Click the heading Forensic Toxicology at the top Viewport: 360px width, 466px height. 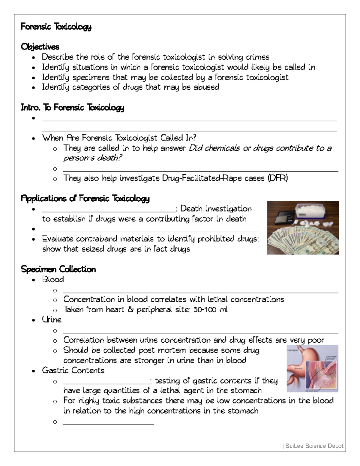[x=56, y=27]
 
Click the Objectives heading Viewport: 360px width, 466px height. [x=40, y=47]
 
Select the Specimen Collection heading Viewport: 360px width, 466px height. [x=58, y=269]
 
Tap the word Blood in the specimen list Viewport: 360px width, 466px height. [x=53, y=279]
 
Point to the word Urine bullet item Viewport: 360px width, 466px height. [x=52, y=320]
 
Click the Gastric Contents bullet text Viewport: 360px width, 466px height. [x=73, y=370]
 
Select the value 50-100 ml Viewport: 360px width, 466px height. [x=211, y=310]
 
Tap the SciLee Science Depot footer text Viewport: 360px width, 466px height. [x=314, y=446]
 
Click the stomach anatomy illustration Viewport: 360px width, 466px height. [x=312, y=368]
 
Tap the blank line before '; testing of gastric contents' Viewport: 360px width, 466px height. [x=106, y=383]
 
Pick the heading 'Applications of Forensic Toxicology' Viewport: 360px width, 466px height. [x=85, y=199]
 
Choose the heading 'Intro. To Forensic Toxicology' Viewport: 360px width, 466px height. [x=72, y=107]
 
